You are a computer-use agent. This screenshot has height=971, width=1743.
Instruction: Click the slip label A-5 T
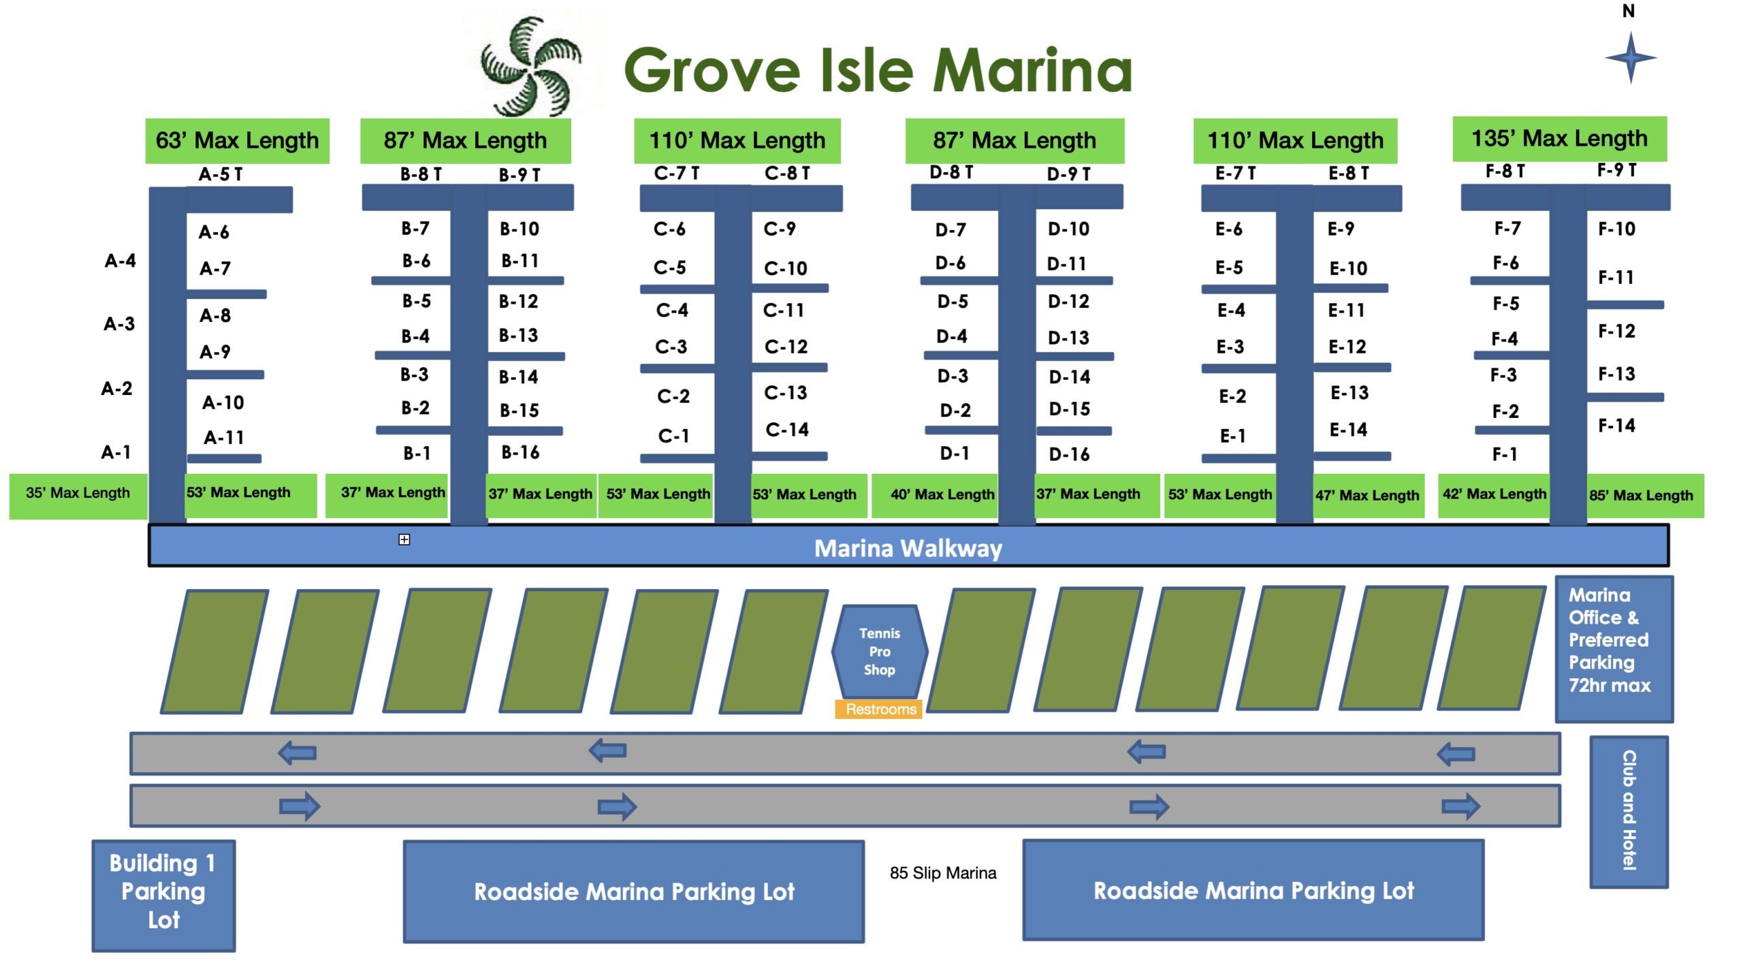click(x=221, y=174)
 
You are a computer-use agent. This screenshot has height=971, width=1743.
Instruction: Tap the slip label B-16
click(x=520, y=452)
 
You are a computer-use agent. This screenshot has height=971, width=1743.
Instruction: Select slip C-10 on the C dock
click(x=786, y=268)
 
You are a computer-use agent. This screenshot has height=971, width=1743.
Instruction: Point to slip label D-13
click(x=1068, y=338)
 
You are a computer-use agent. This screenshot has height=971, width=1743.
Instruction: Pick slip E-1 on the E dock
click(x=1232, y=436)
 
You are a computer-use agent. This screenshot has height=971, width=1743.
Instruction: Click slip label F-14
click(x=1616, y=426)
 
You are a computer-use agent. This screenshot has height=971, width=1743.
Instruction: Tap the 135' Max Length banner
click(x=1559, y=139)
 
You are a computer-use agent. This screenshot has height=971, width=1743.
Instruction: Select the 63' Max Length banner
click(x=237, y=141)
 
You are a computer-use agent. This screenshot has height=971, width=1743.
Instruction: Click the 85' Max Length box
click(x=1645, y=496)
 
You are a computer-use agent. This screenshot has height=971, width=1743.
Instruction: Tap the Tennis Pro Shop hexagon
click(x=879, y=652)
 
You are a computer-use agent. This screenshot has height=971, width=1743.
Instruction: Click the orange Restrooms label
click(x=879, y=710)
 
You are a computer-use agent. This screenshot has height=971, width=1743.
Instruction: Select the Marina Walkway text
click(x=908, y=549)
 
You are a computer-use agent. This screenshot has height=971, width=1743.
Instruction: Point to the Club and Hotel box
click(x=1629, y=812)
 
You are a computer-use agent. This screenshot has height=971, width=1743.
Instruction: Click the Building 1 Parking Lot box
click(x=163, y=895)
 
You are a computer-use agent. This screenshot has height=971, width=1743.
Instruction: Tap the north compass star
click(x=1631, y=58)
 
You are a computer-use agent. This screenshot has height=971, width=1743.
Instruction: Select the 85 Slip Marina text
click(x=943, y=873)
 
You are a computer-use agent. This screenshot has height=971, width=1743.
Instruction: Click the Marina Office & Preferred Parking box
click(x=1614, y=649)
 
